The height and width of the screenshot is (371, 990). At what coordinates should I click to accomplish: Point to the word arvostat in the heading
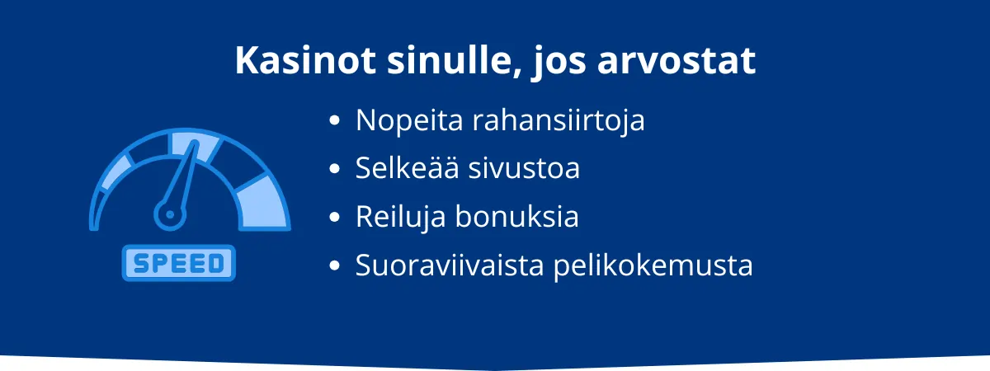[x=686, y=61]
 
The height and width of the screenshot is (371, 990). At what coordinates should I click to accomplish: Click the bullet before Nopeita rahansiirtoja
[x=334, y=121]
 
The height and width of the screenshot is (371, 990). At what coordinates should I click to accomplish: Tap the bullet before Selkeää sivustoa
[x=334, y=169]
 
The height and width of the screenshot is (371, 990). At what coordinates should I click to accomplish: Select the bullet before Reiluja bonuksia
[x=334, y=218]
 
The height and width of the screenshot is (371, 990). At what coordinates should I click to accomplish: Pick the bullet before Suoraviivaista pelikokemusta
[x=334, y=266]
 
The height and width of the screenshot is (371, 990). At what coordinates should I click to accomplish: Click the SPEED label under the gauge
[x=179, y=263]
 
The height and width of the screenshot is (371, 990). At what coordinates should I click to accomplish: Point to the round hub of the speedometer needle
[x=171, y=214]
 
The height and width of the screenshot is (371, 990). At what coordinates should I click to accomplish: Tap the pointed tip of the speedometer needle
[x=197, y=143]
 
